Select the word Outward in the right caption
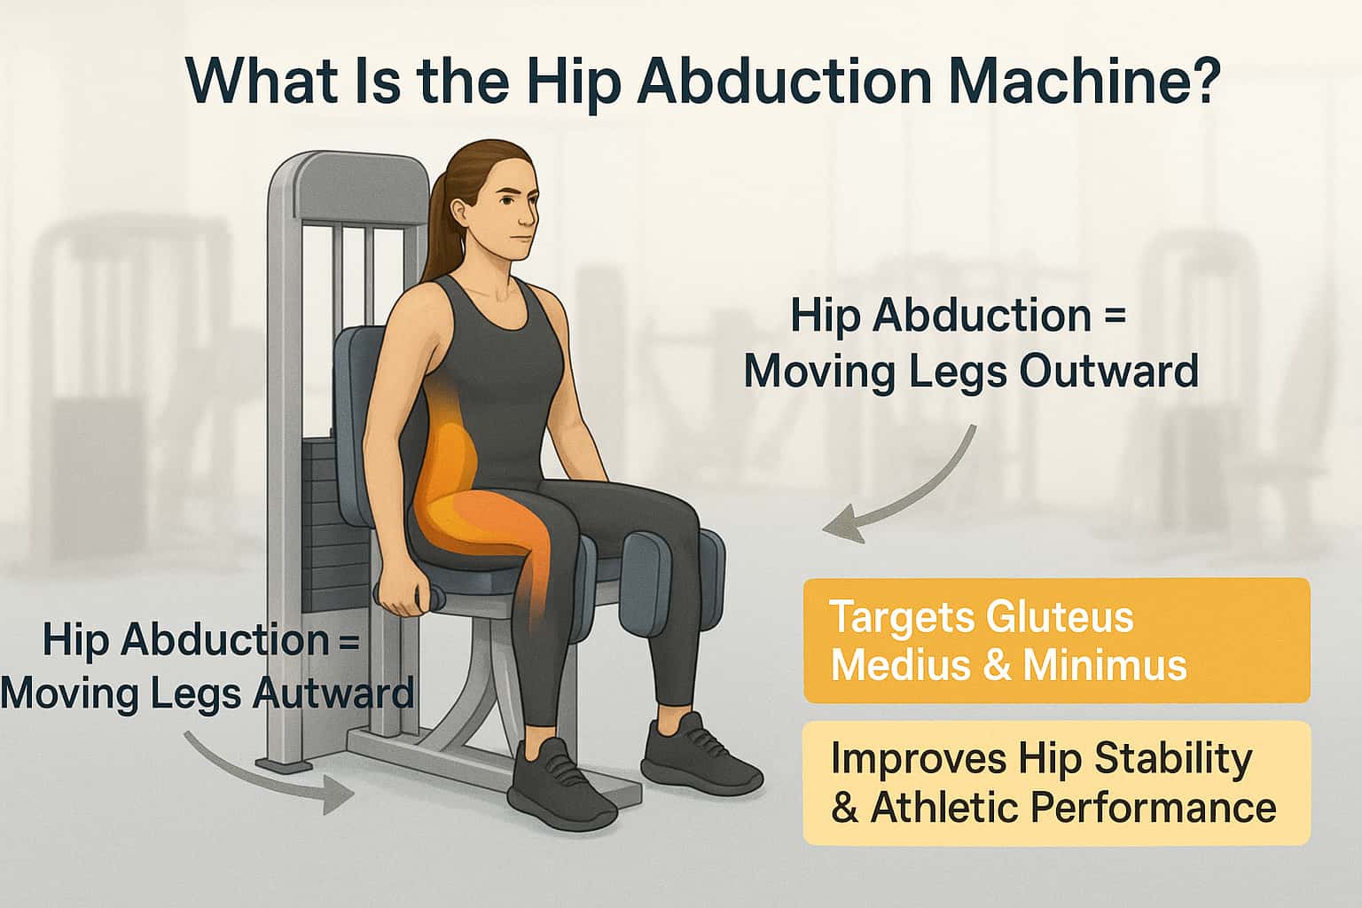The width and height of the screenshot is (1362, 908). click(1108, 371)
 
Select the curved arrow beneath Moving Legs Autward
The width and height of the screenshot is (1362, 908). click(266, 771)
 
